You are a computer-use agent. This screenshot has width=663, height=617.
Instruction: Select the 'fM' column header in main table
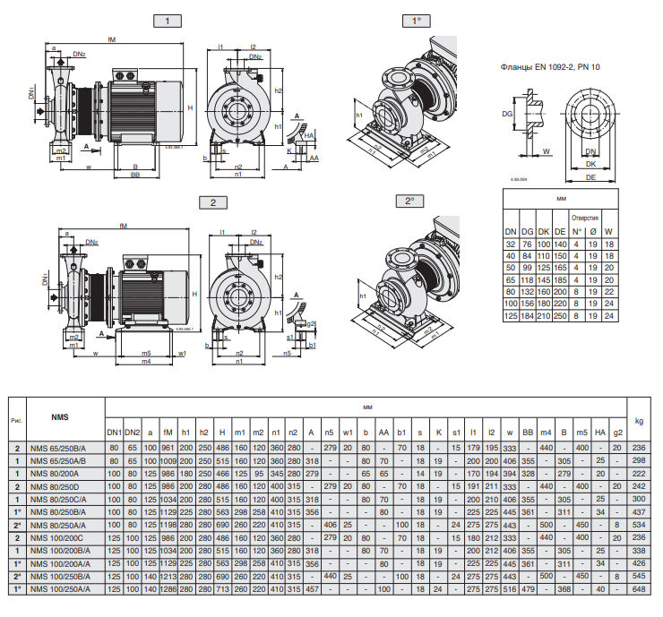(168, 433)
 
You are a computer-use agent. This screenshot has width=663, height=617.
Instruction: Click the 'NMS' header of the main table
(60, 417)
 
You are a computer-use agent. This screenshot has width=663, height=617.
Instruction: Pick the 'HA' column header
(599, 433)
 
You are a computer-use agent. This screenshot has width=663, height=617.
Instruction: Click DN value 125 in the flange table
(511, 316)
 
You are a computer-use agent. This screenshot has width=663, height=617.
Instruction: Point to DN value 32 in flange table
(511, 244)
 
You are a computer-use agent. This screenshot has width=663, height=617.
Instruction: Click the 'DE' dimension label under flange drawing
(591, 178)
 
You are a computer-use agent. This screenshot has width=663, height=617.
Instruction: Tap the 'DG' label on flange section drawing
(507, 115)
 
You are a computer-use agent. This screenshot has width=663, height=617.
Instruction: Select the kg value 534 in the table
(638, 524)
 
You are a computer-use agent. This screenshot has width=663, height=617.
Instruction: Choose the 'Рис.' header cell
(17, 419)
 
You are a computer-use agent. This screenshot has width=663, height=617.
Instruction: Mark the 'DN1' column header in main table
(114, 433)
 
